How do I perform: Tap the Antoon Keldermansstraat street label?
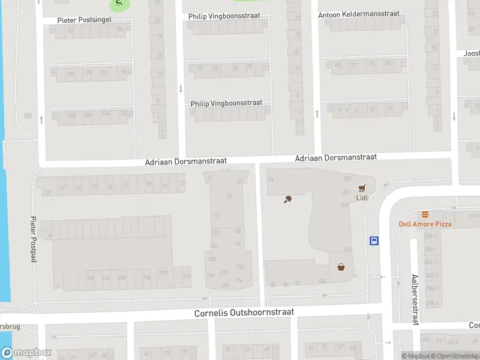pyautogui.click(x=367, y=14)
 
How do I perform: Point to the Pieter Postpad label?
pyautogui.click(x=34, y=239)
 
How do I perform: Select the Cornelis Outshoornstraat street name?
pyautogui.click(x=244, y=313)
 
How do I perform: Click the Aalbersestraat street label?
pyautogui.click(x=414, y=300)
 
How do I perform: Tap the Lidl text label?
pyautogui.click(x=362, y=197)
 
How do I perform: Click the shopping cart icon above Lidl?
pyautogui.click(x=362, y=188)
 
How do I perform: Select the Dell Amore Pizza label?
pyautogui.click(x=425, y=224)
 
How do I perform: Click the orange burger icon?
pyautogui.click(x=425, y=214)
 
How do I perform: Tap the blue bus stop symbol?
pyautogui.click(x=374, y=241)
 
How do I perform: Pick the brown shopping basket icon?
pyautogui.click(x=341, y=267)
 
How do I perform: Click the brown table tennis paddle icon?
pyautogui.click(x=288, y=199)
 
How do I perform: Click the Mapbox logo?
pyautogui.click(x=26, y=353)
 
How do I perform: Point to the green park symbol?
pyautogui.click(x=118, y=4)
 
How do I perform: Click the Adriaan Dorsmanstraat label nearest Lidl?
pyautogui.click(x=335, y=157)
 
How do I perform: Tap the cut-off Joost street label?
pyautogui.click(x=472, y=53)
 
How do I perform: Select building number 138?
pyautogui.click(x=211, y=259)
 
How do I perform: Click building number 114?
pyautogui.click(x=239, y=280)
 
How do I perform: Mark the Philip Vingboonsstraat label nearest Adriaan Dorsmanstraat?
pyautogui.click(x=226, y=103)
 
